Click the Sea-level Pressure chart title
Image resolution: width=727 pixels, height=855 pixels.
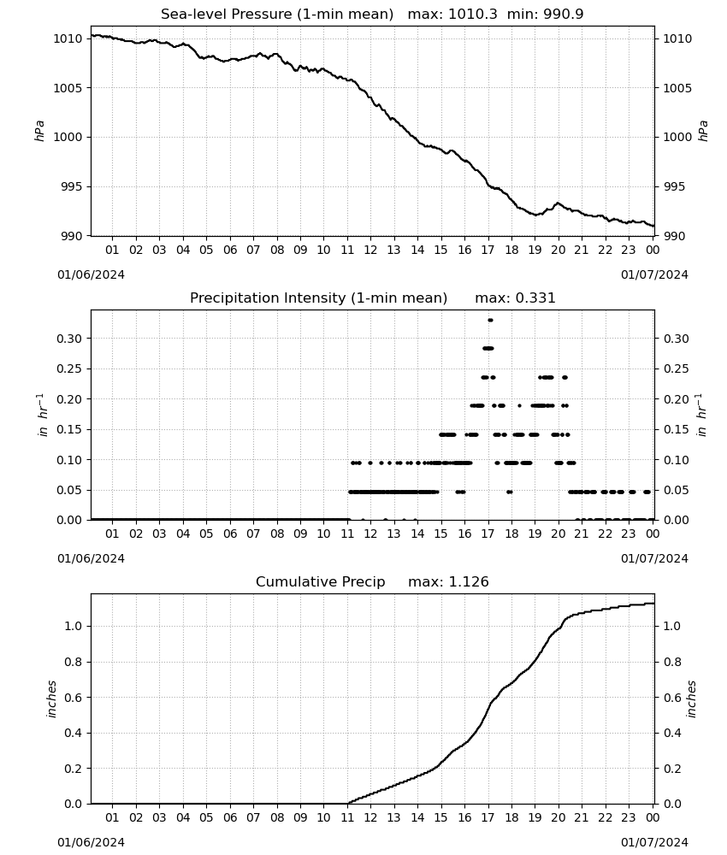coord(277,15)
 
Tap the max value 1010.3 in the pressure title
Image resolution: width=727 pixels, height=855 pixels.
coord(473,15)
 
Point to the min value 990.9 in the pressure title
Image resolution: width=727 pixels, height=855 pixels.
coord(564,15)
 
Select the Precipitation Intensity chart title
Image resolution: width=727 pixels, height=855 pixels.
coord(318,298)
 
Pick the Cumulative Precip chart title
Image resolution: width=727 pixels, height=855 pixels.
coord(320,581)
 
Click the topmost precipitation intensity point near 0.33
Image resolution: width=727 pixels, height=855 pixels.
coord(490,320)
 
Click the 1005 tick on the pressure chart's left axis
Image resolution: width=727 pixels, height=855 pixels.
coord(68,88)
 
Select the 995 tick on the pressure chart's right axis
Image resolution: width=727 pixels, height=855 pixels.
coord(674,187)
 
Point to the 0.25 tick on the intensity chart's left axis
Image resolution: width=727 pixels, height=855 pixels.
coord(69,369)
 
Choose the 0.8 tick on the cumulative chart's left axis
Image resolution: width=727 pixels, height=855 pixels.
coord(73,662)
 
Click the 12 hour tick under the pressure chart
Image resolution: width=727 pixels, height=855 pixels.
coord(370,251)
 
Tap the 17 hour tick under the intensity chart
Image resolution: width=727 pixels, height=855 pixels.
coord(488,534)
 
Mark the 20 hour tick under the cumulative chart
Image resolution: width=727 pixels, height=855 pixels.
coord(558,817)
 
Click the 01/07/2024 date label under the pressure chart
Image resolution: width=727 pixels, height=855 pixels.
coord(654,274)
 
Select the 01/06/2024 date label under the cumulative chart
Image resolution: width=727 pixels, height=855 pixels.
coord(91,842)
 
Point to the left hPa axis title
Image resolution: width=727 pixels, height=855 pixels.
coord(40,132)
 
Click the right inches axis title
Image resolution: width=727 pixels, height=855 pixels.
coord(691,699)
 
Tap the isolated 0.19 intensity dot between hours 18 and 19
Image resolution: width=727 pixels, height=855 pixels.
coord(519,405)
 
